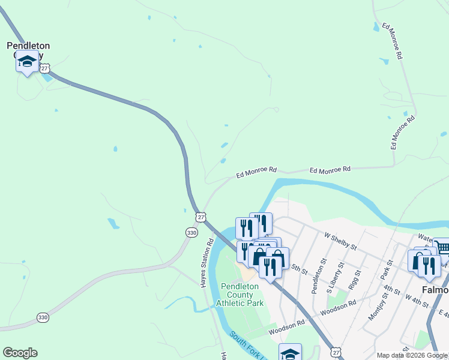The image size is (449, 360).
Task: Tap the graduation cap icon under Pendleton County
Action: pos(27,61)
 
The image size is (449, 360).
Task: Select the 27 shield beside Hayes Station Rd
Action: pos(201,216)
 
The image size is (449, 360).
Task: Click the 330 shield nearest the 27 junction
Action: pos(191,232)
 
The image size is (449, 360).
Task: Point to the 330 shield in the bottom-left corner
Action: pos(42,317)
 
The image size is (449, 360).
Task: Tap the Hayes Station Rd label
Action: pos(208,263)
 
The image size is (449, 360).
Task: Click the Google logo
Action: pos(20,353)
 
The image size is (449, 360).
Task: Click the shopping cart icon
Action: pos(442,248)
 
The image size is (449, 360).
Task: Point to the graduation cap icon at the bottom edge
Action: pos(290,353)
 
